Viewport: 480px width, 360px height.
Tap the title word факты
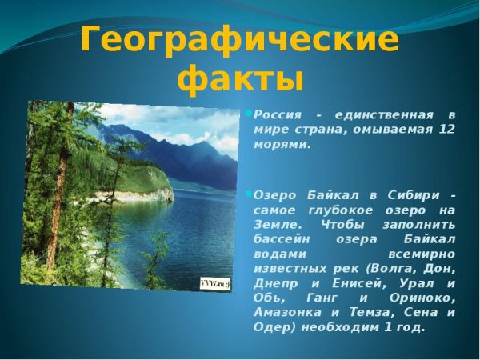(x=240, y=80)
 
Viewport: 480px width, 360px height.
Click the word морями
(x=282, y=144)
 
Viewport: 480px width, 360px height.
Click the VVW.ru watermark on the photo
(x=214, y=283)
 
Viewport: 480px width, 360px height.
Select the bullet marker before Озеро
(x=249, y=194)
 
